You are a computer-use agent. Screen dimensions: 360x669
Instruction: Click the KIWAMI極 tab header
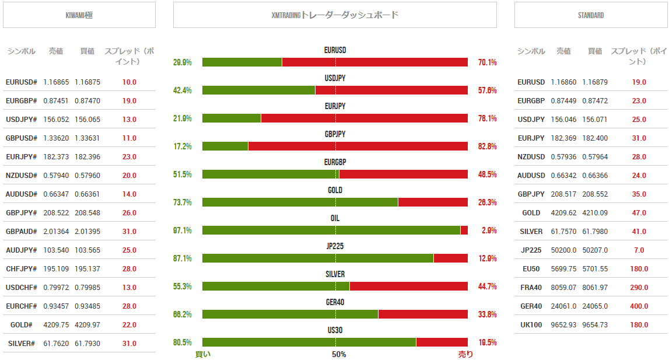pyautogui.click(x=79, y=15)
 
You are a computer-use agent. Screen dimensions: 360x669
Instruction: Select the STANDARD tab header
pyautogui.click(x=591, y=15)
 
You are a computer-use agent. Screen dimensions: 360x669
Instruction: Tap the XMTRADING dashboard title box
pyautogui.click(x=335, y=15)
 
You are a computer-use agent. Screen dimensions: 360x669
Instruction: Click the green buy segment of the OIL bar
pyautogui.click(x=331, y=230)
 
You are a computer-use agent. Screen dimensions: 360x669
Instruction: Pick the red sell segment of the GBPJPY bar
pyautogui.click(x=358, y=146)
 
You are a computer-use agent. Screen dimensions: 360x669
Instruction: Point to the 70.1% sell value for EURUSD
pyautogui.click(x=487, y=62)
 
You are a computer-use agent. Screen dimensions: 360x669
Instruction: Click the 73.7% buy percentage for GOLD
pyautogui.click(x=183, y=202)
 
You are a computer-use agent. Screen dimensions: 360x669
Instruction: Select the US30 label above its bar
pyautogui.click(x=335, y=330)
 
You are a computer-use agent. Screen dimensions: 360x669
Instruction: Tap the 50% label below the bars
pyautogui.click(x=339, y=354)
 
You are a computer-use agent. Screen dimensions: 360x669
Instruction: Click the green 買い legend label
pyautogui.click(x=203, y=354)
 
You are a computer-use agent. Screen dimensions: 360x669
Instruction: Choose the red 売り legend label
pyautogui.click(x=465, y=354)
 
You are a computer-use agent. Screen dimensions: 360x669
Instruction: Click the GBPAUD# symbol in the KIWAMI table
pyautogui.click(x=22, y=232)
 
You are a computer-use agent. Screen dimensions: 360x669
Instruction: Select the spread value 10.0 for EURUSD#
pyautogui.click(x=129, y=82)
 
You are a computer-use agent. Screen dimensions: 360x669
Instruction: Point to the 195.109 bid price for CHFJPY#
pyautogui.click(x=56, y=269)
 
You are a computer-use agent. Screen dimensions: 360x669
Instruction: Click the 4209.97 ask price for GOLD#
pyautogui.click(x=87, y=325)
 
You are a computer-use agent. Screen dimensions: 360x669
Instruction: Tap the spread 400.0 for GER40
pyautogui.click(x=639, y=306)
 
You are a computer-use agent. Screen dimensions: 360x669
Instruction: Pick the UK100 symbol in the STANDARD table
pyautogui.click(x=531, y=325)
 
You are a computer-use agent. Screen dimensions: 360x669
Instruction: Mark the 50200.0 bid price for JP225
pyautogui.click(x=563, y=250)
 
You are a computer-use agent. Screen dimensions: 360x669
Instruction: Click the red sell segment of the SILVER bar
pyautogui.click(x=408, y=286)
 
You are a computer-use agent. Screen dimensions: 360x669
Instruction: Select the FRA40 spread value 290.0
pyautogui.click(x=639, y=288)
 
